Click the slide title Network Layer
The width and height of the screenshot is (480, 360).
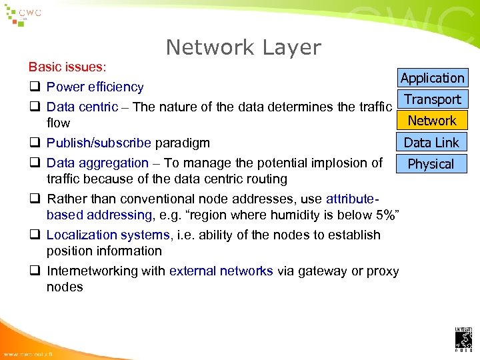pos(243,47)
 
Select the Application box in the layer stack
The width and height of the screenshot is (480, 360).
pos(432,78)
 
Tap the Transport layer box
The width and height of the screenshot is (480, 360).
pos(432,99)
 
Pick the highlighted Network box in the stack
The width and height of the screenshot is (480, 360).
pos(432,121)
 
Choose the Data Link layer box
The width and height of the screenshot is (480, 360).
pos(432,142)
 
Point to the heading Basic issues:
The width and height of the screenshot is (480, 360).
pos(68,67)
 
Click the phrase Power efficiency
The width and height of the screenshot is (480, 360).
pos(95,87)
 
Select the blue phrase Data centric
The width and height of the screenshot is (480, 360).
pos(83,107)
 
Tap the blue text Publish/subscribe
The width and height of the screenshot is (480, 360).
pos(99,143)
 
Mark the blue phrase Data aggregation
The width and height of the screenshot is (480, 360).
pos(97,163)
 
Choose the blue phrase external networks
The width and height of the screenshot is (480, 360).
pos(221,271)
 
